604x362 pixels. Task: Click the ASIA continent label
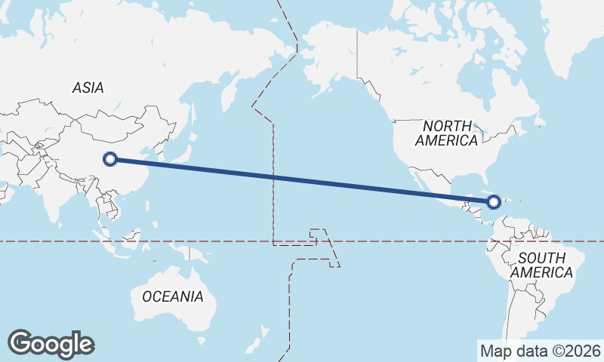tap(88, 87)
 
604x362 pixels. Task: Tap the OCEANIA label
tap(173, 296)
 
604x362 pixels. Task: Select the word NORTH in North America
tap(447, 125)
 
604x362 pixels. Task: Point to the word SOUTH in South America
tap(542, 258)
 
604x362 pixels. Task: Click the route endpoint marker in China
tap(110, 159)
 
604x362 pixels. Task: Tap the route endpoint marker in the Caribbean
tap(494, 201)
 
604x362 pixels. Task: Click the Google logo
tap(51, 343)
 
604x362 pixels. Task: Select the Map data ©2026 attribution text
tap(540, 351)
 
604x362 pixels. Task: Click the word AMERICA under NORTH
tap(446, 140)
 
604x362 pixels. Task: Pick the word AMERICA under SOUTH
tap(542, 272)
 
